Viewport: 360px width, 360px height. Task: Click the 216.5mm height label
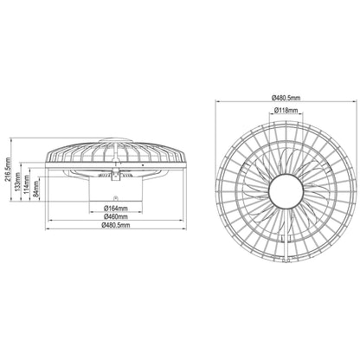coord(8,170)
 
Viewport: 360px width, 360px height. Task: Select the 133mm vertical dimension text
coord(18,183)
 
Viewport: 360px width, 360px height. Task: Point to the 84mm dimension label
coord(36,189)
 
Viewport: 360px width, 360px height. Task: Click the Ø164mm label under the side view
coord(116,208)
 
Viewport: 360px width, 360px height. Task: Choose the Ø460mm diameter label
coord(116,216)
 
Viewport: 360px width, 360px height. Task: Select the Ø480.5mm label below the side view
coord(116,225)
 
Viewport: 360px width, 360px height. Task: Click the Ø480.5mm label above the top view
coord(286,98)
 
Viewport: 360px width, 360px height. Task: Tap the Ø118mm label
coord(286,110)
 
